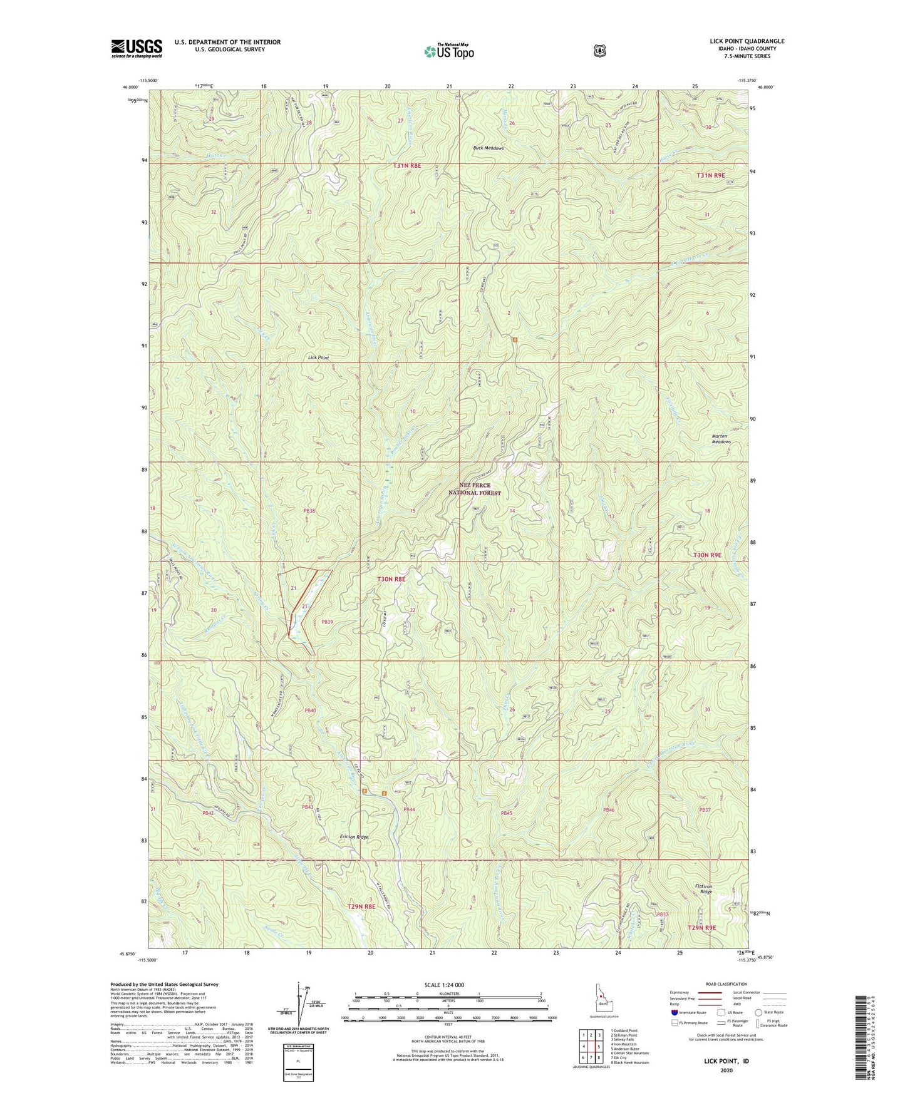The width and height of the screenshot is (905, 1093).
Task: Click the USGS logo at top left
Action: click(x=137, y=48)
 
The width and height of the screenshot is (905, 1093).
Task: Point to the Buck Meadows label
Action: click(x=488, y=148)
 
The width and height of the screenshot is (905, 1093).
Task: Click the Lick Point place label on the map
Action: click(x=318, y=357)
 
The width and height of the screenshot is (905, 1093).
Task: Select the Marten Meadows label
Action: click(x=721, y=438)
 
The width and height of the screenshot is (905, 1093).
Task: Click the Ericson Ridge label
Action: click(x=354, y=837)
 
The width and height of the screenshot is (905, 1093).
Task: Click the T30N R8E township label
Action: click(x=391, y=580)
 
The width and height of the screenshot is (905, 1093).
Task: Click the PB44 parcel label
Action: click(x=409, y=809)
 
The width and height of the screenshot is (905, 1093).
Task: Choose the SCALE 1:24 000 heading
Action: click(x=444, y=985)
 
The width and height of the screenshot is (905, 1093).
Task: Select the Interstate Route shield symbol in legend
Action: click(x=674, y=1012)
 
